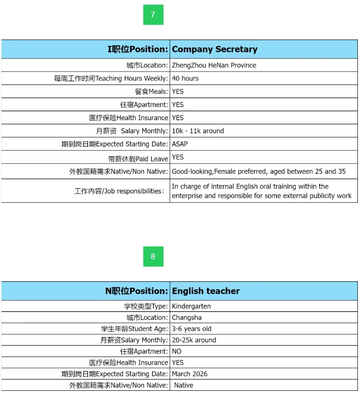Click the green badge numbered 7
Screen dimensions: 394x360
[153, 15]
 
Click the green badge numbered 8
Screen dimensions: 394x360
[153, 257]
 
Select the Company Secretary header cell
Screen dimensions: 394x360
[215, 49]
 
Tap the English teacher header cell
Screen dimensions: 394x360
[206, 291]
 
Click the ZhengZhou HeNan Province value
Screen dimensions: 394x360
[214, 65]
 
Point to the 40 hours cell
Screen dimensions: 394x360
[185, 78]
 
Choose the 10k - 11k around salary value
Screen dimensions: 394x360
[198, 131]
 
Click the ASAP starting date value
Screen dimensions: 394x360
[180, 144]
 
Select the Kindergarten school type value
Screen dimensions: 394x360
[191, 306]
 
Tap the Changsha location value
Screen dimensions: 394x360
[187, 318]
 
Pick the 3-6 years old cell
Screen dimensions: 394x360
[191, 329]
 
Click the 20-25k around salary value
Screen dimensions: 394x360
[194, 340]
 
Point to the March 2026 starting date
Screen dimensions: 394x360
[190, 374]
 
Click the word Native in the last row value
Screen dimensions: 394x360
[183, 385]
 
